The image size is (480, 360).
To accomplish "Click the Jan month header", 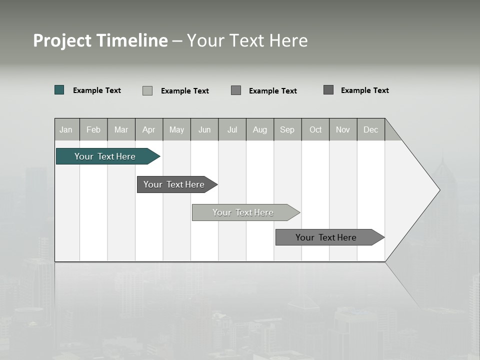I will click(x=66, y=129).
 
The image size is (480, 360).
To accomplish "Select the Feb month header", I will click(x=93, y=129).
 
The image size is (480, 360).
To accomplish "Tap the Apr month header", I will click(x=149, y=129).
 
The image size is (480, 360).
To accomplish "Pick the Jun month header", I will click(x=204, y=129).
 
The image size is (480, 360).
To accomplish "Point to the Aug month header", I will click(x=260, y=129).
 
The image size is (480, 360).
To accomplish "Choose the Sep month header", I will click(x=287, y=129).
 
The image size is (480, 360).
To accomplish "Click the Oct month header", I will click(x=315, y=129).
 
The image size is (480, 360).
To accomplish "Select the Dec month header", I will click(x=371, y=129).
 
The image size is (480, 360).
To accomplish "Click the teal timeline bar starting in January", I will click(x=105, y=156).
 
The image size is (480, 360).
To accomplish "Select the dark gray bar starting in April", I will click(x=174, y=184).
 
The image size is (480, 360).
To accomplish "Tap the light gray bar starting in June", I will click(x=243, y=212).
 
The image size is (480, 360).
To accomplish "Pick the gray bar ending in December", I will click(x=326, y=237).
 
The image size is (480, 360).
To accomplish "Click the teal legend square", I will click(x=59, y=90).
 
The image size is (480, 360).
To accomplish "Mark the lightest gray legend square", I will click(x=147, y=90).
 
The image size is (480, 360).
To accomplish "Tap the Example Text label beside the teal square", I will click(x=97, y=90).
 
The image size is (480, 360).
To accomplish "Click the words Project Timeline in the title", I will click(x=100, y=40).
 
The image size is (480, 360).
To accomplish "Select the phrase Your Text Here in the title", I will click(x=247, y=40).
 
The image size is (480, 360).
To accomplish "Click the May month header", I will click(x=176, y=129).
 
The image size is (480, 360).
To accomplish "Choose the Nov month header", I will click(x=343, y=129).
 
